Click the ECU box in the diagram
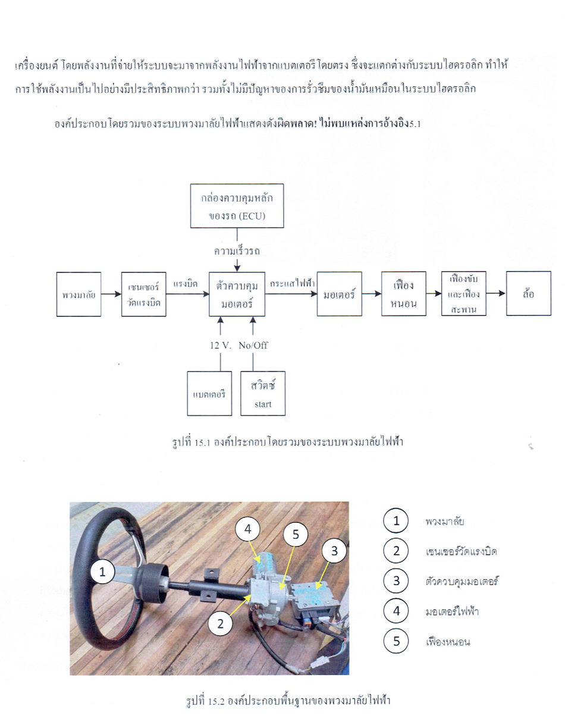tap(237, 206)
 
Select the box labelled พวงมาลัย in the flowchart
tap(79, 294)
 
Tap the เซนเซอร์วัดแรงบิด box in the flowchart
tap(144, 294)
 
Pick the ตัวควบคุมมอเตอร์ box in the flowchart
tap(237, 294)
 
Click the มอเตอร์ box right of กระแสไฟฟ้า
tap(339, 294)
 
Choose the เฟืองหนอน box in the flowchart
tap(404, 293)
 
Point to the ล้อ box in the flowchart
tap(529, 293)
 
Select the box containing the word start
tap(263, 393)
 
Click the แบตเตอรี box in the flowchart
tap(209, 393)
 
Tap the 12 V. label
tap(221, 346)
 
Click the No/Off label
tap(253, 346)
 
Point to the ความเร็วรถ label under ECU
tap(237, 251)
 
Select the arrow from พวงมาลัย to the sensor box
tap(111, 294)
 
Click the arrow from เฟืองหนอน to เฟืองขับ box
tap(434, 293)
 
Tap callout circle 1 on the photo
tap(102, 572)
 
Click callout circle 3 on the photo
tap(334, 551)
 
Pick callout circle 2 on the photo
tap(220, 624)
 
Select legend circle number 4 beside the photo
tap(396, 611)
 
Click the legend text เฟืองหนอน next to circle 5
tap(448, 642)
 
